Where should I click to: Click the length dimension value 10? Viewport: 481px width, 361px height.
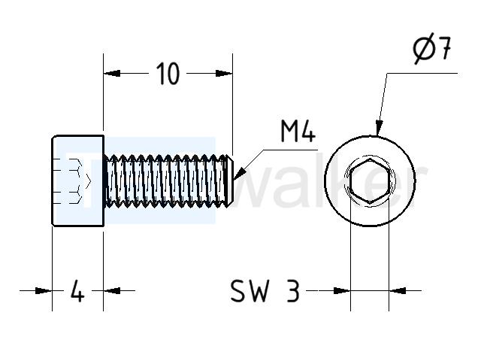168,74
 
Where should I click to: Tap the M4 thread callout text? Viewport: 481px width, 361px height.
298,131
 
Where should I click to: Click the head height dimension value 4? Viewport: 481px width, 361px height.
77,290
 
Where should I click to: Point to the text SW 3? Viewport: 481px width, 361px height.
265,291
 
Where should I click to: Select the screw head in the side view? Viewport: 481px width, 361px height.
78,180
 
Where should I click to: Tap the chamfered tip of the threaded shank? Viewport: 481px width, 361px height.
230,180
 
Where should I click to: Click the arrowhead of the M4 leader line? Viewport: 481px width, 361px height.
240,173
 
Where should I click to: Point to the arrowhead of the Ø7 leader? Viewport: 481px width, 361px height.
379,128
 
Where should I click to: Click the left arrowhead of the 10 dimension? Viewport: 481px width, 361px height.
112,74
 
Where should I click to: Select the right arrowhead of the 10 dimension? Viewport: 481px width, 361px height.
224,74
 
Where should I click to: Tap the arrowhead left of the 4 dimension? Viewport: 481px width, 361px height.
44,290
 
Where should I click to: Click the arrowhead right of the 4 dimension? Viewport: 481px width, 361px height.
112,290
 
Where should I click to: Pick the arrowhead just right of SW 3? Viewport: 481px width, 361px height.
342,290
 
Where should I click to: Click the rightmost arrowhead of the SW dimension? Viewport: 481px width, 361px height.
398,290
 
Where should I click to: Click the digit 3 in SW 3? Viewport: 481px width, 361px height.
293,291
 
